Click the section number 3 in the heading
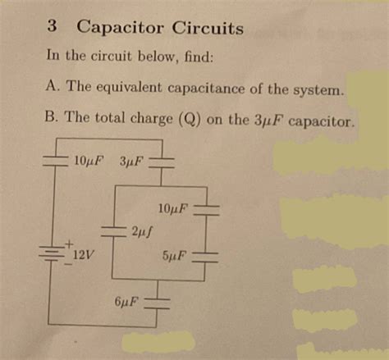click(x=51, y=26)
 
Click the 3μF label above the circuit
click(x=130, y=158)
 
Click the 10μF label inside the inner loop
click(x=174, y=208)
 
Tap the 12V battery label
click(x=82, y=255)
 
